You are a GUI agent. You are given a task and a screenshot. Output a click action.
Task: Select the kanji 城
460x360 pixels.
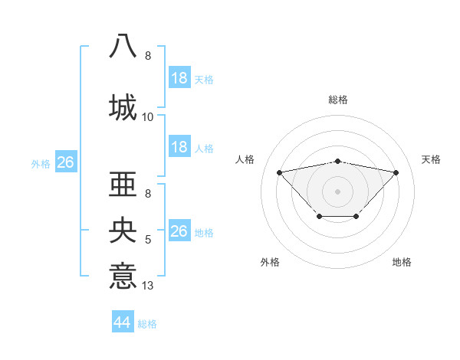[123, 106]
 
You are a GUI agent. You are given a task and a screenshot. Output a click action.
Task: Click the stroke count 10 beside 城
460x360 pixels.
[148, 117]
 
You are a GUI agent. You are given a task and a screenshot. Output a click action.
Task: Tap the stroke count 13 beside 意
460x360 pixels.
[148, 286]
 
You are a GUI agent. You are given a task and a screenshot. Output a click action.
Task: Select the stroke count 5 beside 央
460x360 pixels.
[148, 241]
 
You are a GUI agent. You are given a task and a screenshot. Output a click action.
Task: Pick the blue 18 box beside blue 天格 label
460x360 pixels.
[179, 77]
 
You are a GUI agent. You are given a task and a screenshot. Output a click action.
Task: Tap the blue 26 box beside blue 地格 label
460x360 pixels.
[179, 231]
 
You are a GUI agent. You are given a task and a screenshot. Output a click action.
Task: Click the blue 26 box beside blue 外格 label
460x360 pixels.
[65, 162]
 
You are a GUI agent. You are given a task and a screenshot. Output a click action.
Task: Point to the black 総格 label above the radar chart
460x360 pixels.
[338, 100]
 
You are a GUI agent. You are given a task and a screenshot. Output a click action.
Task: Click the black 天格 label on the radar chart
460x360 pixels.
[431, 159]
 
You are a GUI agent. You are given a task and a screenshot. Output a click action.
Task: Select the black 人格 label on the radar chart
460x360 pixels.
[245, 159]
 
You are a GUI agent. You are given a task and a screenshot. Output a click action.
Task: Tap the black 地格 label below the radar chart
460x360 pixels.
[402, 262]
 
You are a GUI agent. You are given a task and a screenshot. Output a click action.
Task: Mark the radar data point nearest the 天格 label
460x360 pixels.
[396, 172]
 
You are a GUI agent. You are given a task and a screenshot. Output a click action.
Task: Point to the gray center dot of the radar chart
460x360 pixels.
[338, 191]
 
